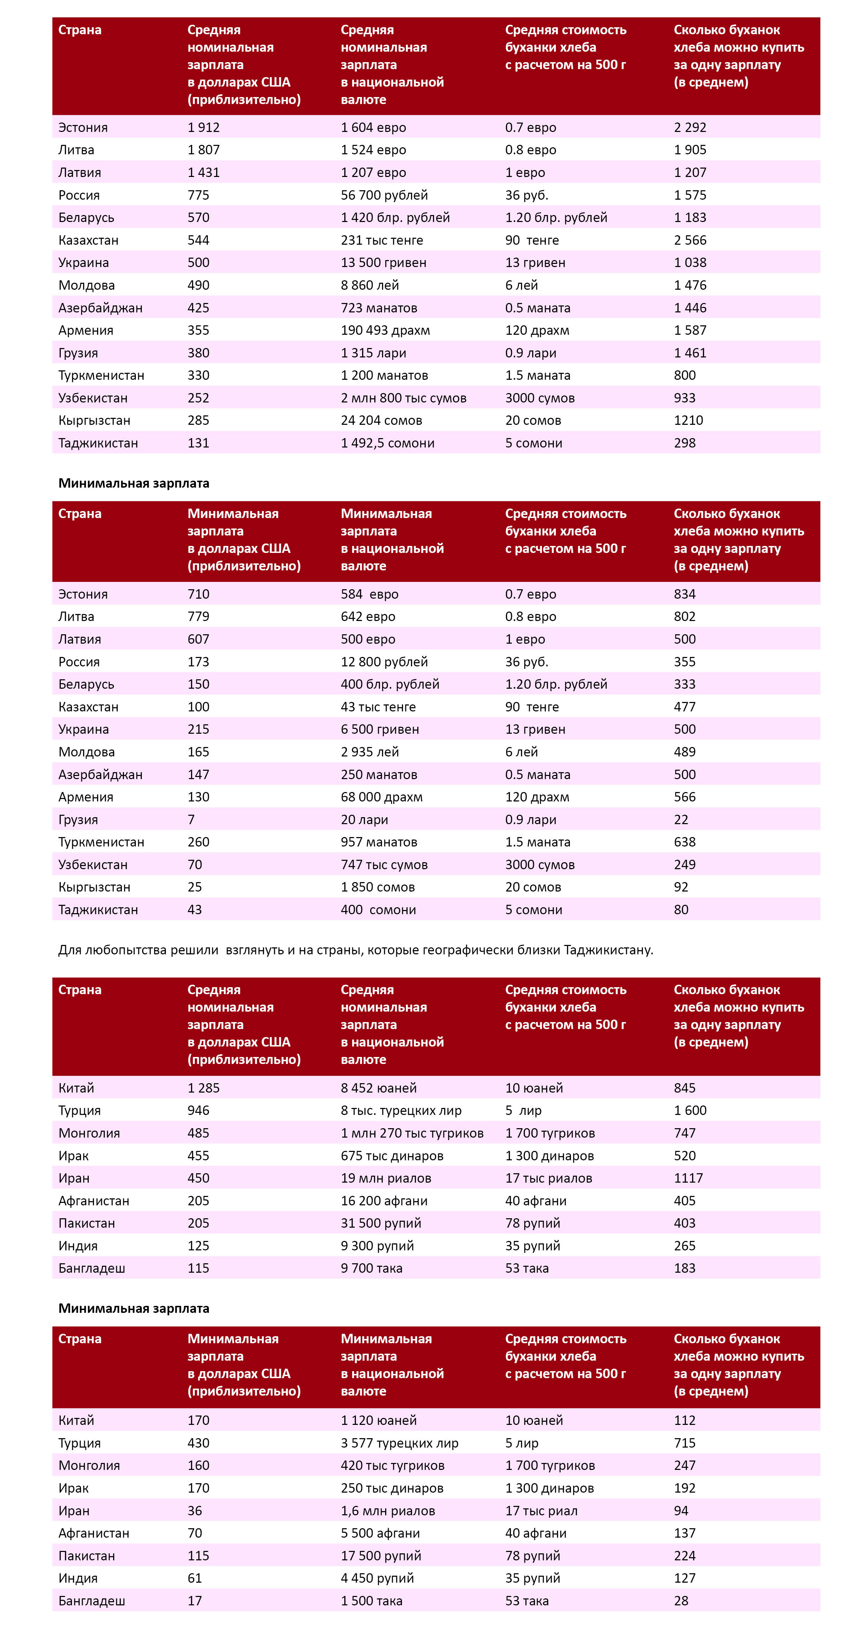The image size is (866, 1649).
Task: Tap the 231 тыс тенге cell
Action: (382, 240)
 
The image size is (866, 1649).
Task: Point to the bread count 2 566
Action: (690, 240)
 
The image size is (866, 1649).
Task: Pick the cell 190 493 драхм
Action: (385, 330)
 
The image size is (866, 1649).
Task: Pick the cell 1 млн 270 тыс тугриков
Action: (412, 1133)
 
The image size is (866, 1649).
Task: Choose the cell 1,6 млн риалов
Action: (388, 1511)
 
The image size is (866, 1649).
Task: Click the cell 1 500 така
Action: (372, 1601)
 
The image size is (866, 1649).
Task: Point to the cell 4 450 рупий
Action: (377, 1578)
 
